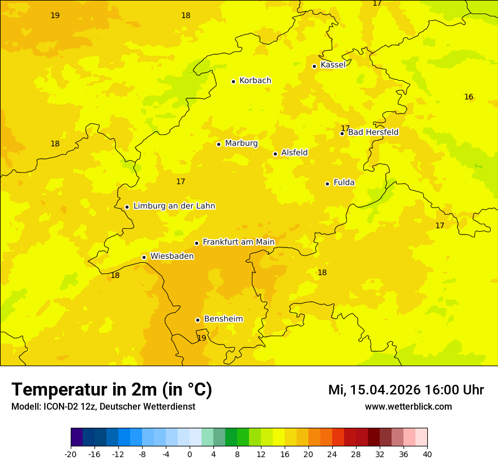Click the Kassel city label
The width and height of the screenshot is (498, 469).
click(333, 65)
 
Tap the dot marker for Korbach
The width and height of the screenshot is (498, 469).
click(233, 81)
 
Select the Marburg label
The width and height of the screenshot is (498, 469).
click(241, 144)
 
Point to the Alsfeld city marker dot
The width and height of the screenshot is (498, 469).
click(275, 154)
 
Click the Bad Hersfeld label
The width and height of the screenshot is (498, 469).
click(373, 132)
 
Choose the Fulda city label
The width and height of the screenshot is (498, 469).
click(344, 183)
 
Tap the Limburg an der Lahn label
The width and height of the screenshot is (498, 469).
click(174, 206)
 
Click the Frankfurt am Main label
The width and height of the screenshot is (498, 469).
click(238, 242)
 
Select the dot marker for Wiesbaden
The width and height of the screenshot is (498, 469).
click(144, 257)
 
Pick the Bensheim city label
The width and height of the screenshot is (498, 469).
click(223, 319)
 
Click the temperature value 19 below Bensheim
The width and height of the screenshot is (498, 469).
click(201, 338)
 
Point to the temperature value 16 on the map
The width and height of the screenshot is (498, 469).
click(469, 97)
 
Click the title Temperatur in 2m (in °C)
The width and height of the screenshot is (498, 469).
click(111, 390)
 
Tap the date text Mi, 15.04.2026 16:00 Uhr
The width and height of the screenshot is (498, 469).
click(406, 390)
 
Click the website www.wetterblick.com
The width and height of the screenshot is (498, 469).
click(408, 407)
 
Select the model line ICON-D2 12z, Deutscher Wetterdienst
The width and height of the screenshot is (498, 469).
click(103, 407)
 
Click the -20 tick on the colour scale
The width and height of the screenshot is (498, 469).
click(71, 454)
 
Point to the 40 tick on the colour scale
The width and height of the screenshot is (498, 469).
click(427, 454)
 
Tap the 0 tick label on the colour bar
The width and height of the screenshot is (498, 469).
click(190, 454)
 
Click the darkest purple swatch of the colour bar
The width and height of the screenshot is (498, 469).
click(76, 437)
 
